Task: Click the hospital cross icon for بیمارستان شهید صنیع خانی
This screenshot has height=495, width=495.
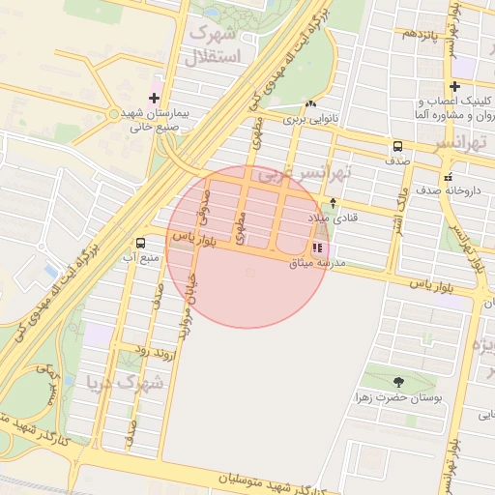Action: point(154,98)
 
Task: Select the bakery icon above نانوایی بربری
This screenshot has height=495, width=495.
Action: point(309,104)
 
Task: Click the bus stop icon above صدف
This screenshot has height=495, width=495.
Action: point(397,146)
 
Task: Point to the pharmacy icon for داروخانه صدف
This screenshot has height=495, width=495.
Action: point(448,177)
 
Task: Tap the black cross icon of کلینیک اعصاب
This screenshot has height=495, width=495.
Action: point(454,86)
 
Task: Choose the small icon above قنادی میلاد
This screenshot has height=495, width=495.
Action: point(334,203)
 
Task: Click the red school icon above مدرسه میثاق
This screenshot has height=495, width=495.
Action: point(318,247)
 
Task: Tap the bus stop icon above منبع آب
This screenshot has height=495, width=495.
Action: point(141,243)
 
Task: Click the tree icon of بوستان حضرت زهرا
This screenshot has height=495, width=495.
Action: point(398,382)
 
